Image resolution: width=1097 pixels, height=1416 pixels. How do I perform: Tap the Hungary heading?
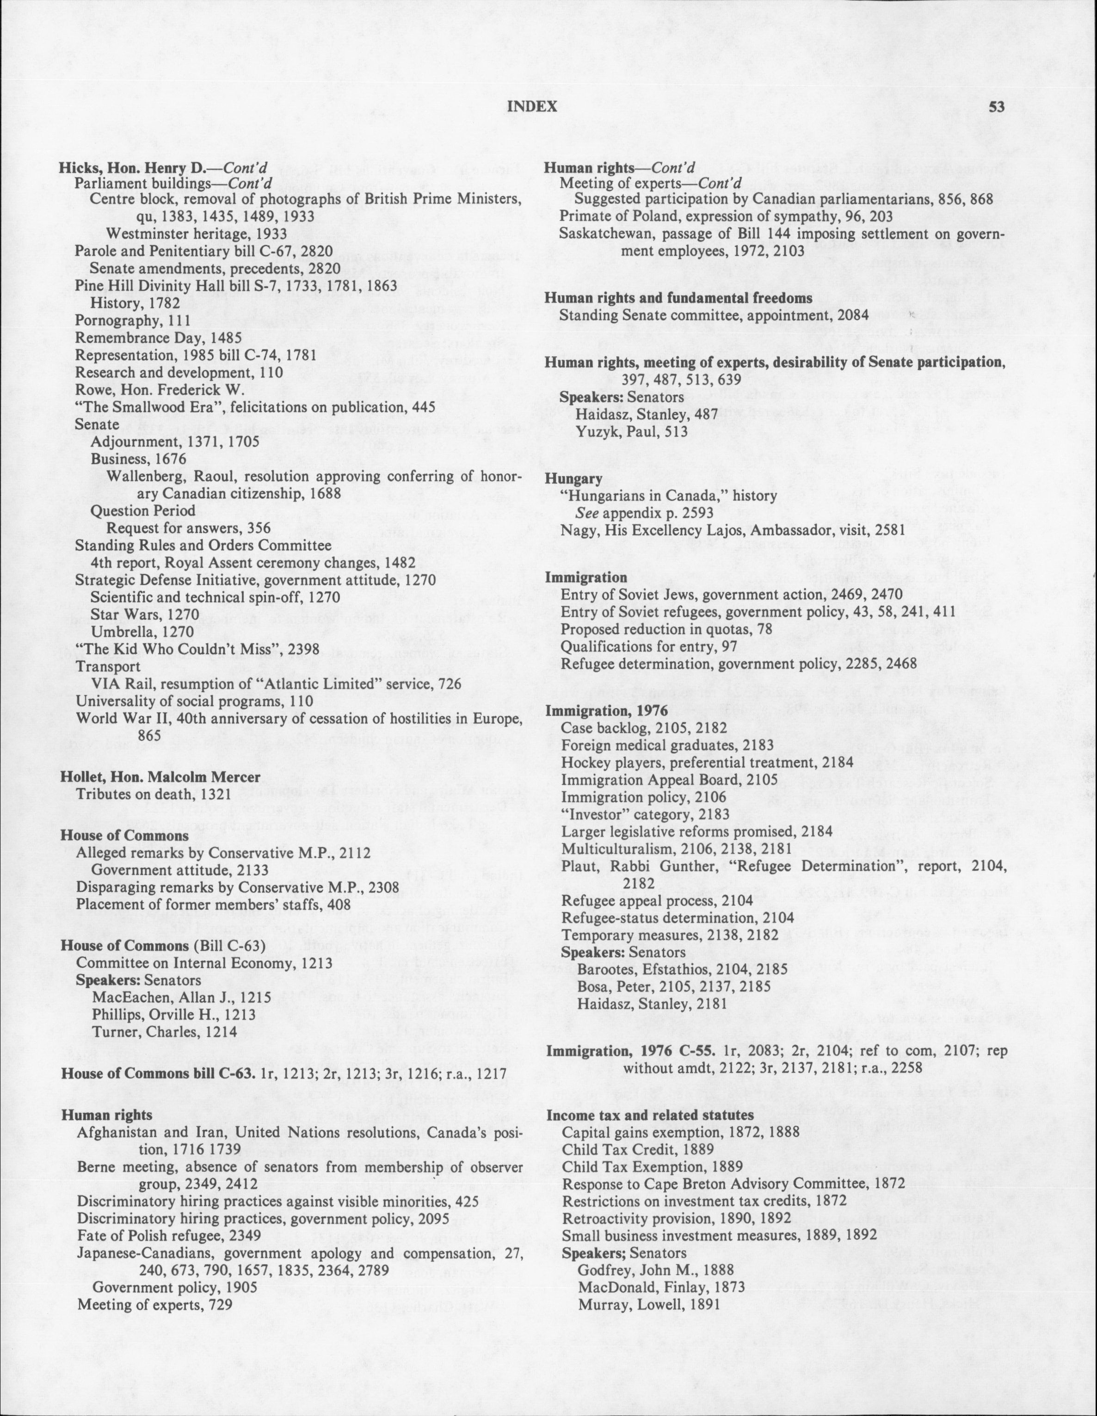pyautogui.click(x=573, y=478)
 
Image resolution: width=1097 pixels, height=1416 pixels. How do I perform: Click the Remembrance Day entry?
pyautogui.click(x=158, y=338)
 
